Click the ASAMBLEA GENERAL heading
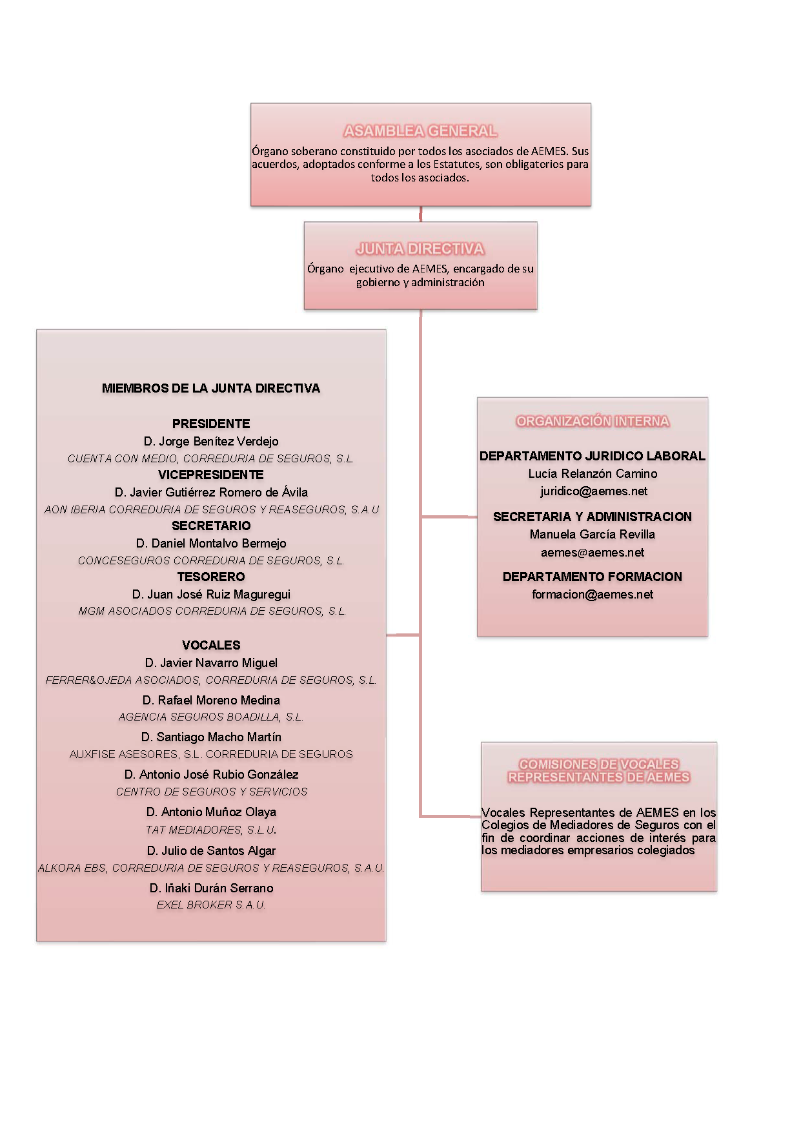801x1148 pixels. pos(420,131)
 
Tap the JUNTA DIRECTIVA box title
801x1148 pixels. pos(420,249)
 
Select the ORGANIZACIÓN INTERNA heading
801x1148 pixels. pos(593,421)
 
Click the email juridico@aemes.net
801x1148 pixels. pos(594,491)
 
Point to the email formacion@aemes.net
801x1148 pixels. pos(593,594)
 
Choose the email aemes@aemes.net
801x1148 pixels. pos(593,552)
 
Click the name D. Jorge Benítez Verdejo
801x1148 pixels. pos(211,441)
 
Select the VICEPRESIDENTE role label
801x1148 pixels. pos(211,475)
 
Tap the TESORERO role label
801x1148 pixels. pos(211,577)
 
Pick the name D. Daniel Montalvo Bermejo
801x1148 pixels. pos(211,543)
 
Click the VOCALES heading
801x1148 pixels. pos(211,645)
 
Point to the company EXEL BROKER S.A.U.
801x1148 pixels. pos(211,905)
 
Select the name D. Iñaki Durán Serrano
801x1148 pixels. pos(211,888)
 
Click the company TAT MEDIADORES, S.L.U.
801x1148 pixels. pos(211,830)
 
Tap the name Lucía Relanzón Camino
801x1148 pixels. pos(593,473)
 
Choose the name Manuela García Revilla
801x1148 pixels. pos(593,534)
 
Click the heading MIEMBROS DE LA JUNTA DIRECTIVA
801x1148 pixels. pos(211,388)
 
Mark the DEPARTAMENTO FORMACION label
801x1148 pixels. pos(593,577)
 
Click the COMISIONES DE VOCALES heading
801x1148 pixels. pos(599,764)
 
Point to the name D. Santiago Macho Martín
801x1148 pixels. pos(211,737)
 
